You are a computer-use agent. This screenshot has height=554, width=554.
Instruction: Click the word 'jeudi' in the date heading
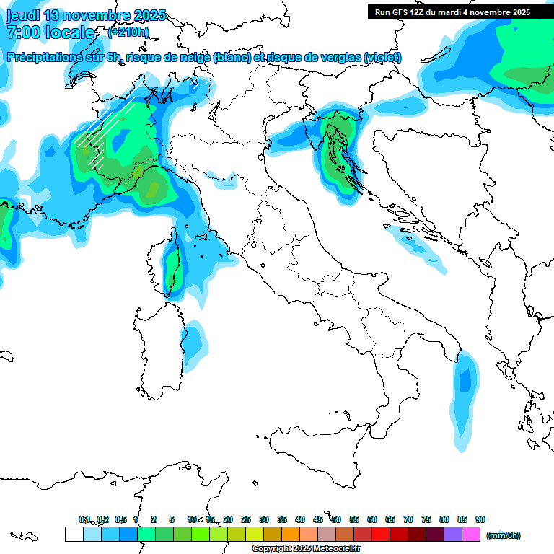25,15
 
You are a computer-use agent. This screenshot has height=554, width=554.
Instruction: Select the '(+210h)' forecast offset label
128,32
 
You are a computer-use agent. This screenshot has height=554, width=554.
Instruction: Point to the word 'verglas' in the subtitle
340,58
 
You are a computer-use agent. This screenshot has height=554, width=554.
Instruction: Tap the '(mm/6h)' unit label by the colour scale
503,535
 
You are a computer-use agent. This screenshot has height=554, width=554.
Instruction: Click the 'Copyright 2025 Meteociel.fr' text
306,549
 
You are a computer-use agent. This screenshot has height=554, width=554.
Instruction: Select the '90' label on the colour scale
480,519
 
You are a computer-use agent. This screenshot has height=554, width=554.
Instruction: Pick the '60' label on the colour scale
372,519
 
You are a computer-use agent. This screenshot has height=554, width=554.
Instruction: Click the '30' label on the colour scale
264,519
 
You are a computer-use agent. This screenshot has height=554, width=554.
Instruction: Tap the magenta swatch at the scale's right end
471,534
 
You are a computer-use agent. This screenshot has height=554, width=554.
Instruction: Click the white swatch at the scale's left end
74,534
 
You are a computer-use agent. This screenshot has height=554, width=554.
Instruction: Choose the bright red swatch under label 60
381,534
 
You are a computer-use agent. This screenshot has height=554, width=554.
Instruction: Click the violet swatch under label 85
453,534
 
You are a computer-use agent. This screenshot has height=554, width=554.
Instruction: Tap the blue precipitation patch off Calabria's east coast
465,393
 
